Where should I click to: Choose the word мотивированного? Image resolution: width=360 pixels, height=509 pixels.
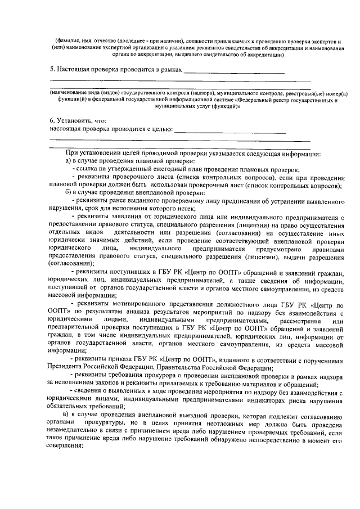point(132,304)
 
